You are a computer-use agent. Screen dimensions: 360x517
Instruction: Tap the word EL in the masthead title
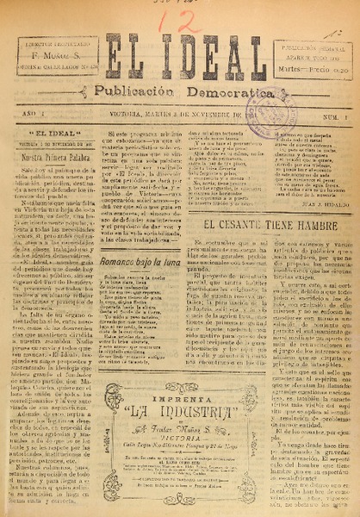[x=128, y=57]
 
